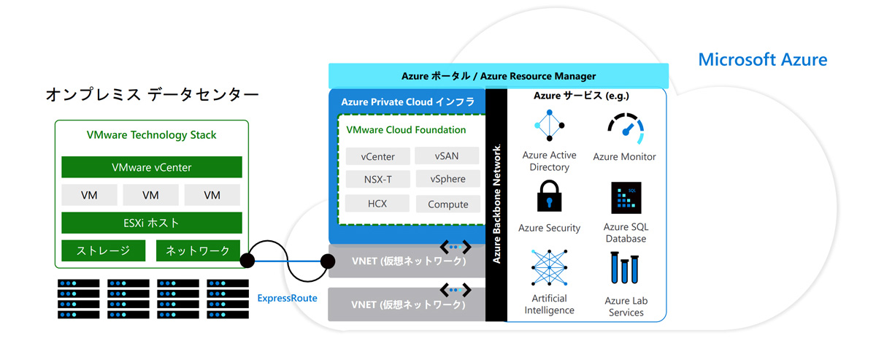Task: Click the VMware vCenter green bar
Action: coord(151,167)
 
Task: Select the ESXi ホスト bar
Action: coord(151,223)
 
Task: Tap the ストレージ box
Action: coord(104,250)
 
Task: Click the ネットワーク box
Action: coord(198,250)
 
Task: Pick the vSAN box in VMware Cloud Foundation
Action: coord(447,156)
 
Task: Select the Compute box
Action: coord(447,204)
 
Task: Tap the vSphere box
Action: coord(447,179)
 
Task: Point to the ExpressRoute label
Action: coord(287,298)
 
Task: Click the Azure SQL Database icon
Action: coord(626,197)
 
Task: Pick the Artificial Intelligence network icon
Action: coord(549,269)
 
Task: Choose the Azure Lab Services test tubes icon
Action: coord(625,269)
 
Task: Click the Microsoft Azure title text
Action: coord(763,59)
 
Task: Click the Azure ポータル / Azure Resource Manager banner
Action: coord(499,76)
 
